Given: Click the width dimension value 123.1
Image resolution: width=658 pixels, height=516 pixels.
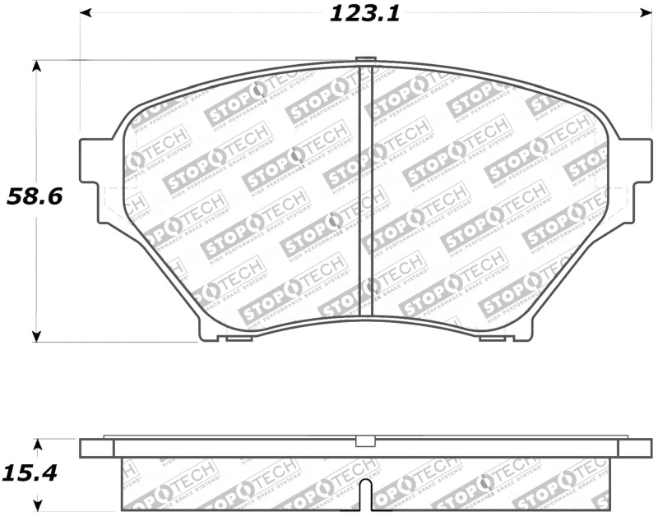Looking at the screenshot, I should point(364,14).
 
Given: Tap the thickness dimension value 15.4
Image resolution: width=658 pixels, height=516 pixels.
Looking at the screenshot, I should point(30,475).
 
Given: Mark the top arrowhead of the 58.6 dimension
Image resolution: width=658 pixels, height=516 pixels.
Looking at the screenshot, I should point(36,66).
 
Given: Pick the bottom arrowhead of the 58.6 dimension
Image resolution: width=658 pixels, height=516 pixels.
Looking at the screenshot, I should point(36,335).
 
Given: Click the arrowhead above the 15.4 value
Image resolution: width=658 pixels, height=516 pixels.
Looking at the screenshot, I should point(36,445).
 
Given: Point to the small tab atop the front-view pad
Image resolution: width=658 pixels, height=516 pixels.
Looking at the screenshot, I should point(366,58).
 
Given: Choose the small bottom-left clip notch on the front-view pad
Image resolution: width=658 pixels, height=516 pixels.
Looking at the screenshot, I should point(239,338).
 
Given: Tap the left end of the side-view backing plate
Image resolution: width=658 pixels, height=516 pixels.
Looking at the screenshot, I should point(96,448).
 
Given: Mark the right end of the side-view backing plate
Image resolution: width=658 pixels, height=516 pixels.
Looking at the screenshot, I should point(634,448).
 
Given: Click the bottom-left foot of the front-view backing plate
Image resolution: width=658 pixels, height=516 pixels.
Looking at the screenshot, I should point(209,333).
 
